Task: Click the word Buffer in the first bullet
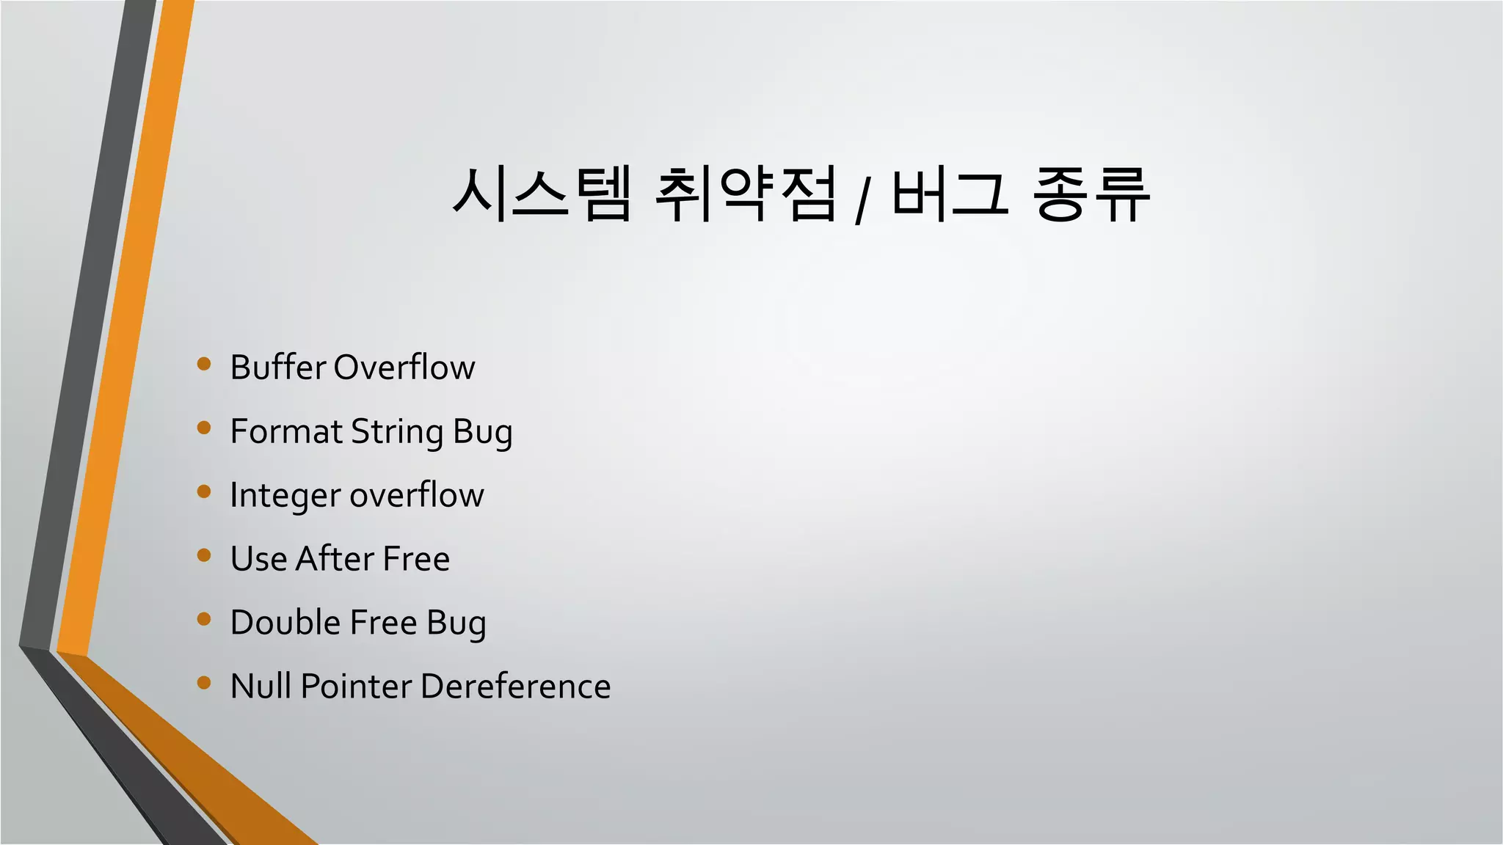[277, 367]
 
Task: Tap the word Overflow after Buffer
[404, 367]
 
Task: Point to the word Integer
[285, 496]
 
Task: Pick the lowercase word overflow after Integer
[417, 495]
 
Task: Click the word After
[335, 559]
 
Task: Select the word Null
[261, 687]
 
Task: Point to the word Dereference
[516, 687]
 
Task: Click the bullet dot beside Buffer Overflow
[204, 364]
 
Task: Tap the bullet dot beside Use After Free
[204, 555]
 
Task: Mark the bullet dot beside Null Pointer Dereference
[204, 684]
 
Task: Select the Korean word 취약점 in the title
[746, 194]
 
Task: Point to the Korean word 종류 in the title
[1091, 194]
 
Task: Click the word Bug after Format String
[483, 433]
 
